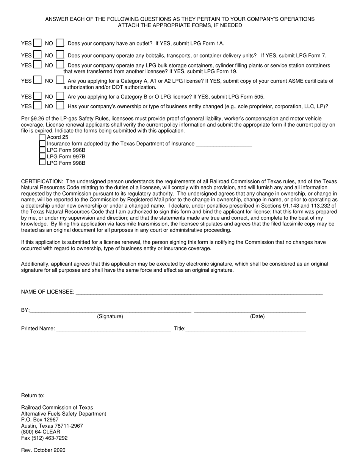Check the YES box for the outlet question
click(37, 43)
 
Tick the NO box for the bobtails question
click(60, 55)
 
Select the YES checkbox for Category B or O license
click(37, 96)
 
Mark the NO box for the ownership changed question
click(60, 106)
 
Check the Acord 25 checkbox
click(42, 137)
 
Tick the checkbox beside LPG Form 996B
click(42, 150)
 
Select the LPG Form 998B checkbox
click(42, 163)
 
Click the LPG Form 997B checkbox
click(42, 156)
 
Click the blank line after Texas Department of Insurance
click(224, 144)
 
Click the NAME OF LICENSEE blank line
click(199, 292)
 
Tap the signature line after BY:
click(110, 310)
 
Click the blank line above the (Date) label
click(250, 310)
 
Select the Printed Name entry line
click(113, 329)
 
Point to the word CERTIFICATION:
click(42, 181)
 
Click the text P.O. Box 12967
click(40, 420)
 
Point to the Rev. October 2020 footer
click(43, 450)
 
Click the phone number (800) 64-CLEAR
click(41, 432)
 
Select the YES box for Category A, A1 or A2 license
click(37, 80)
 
